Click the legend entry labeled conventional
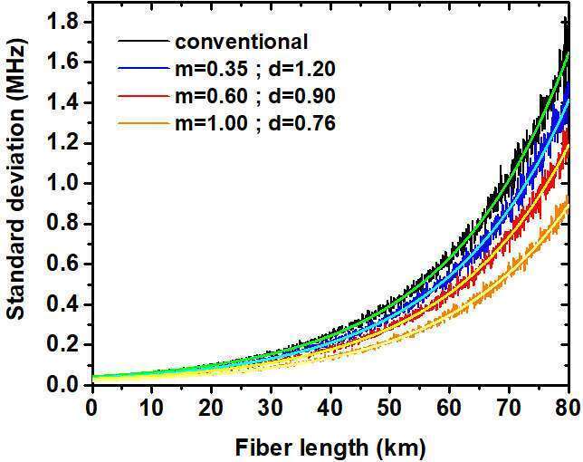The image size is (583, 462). (x=243, y=42)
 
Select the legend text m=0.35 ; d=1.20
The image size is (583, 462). (x=255, y=69)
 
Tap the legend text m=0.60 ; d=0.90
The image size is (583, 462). (x=255, y=96)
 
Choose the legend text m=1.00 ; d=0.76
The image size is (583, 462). (x=255, y=123)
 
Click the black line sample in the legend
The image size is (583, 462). (x=145, y=42)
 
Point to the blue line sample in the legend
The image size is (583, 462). (x=145, y=69)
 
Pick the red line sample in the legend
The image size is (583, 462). (x=145, y=96)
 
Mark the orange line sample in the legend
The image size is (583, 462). (x=145, y=123)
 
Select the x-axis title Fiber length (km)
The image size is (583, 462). (x=331, y=447)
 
